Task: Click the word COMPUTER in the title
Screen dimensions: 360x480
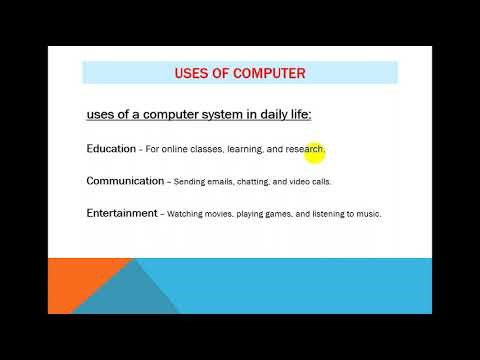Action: coord(269,73)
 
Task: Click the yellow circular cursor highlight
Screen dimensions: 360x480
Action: coord(315,150)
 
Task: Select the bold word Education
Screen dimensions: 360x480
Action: coord(111,149)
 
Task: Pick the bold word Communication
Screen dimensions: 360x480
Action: coord(125,181)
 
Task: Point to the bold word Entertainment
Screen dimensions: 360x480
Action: coord(122,213)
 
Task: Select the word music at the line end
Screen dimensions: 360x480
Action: coord(368,214)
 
